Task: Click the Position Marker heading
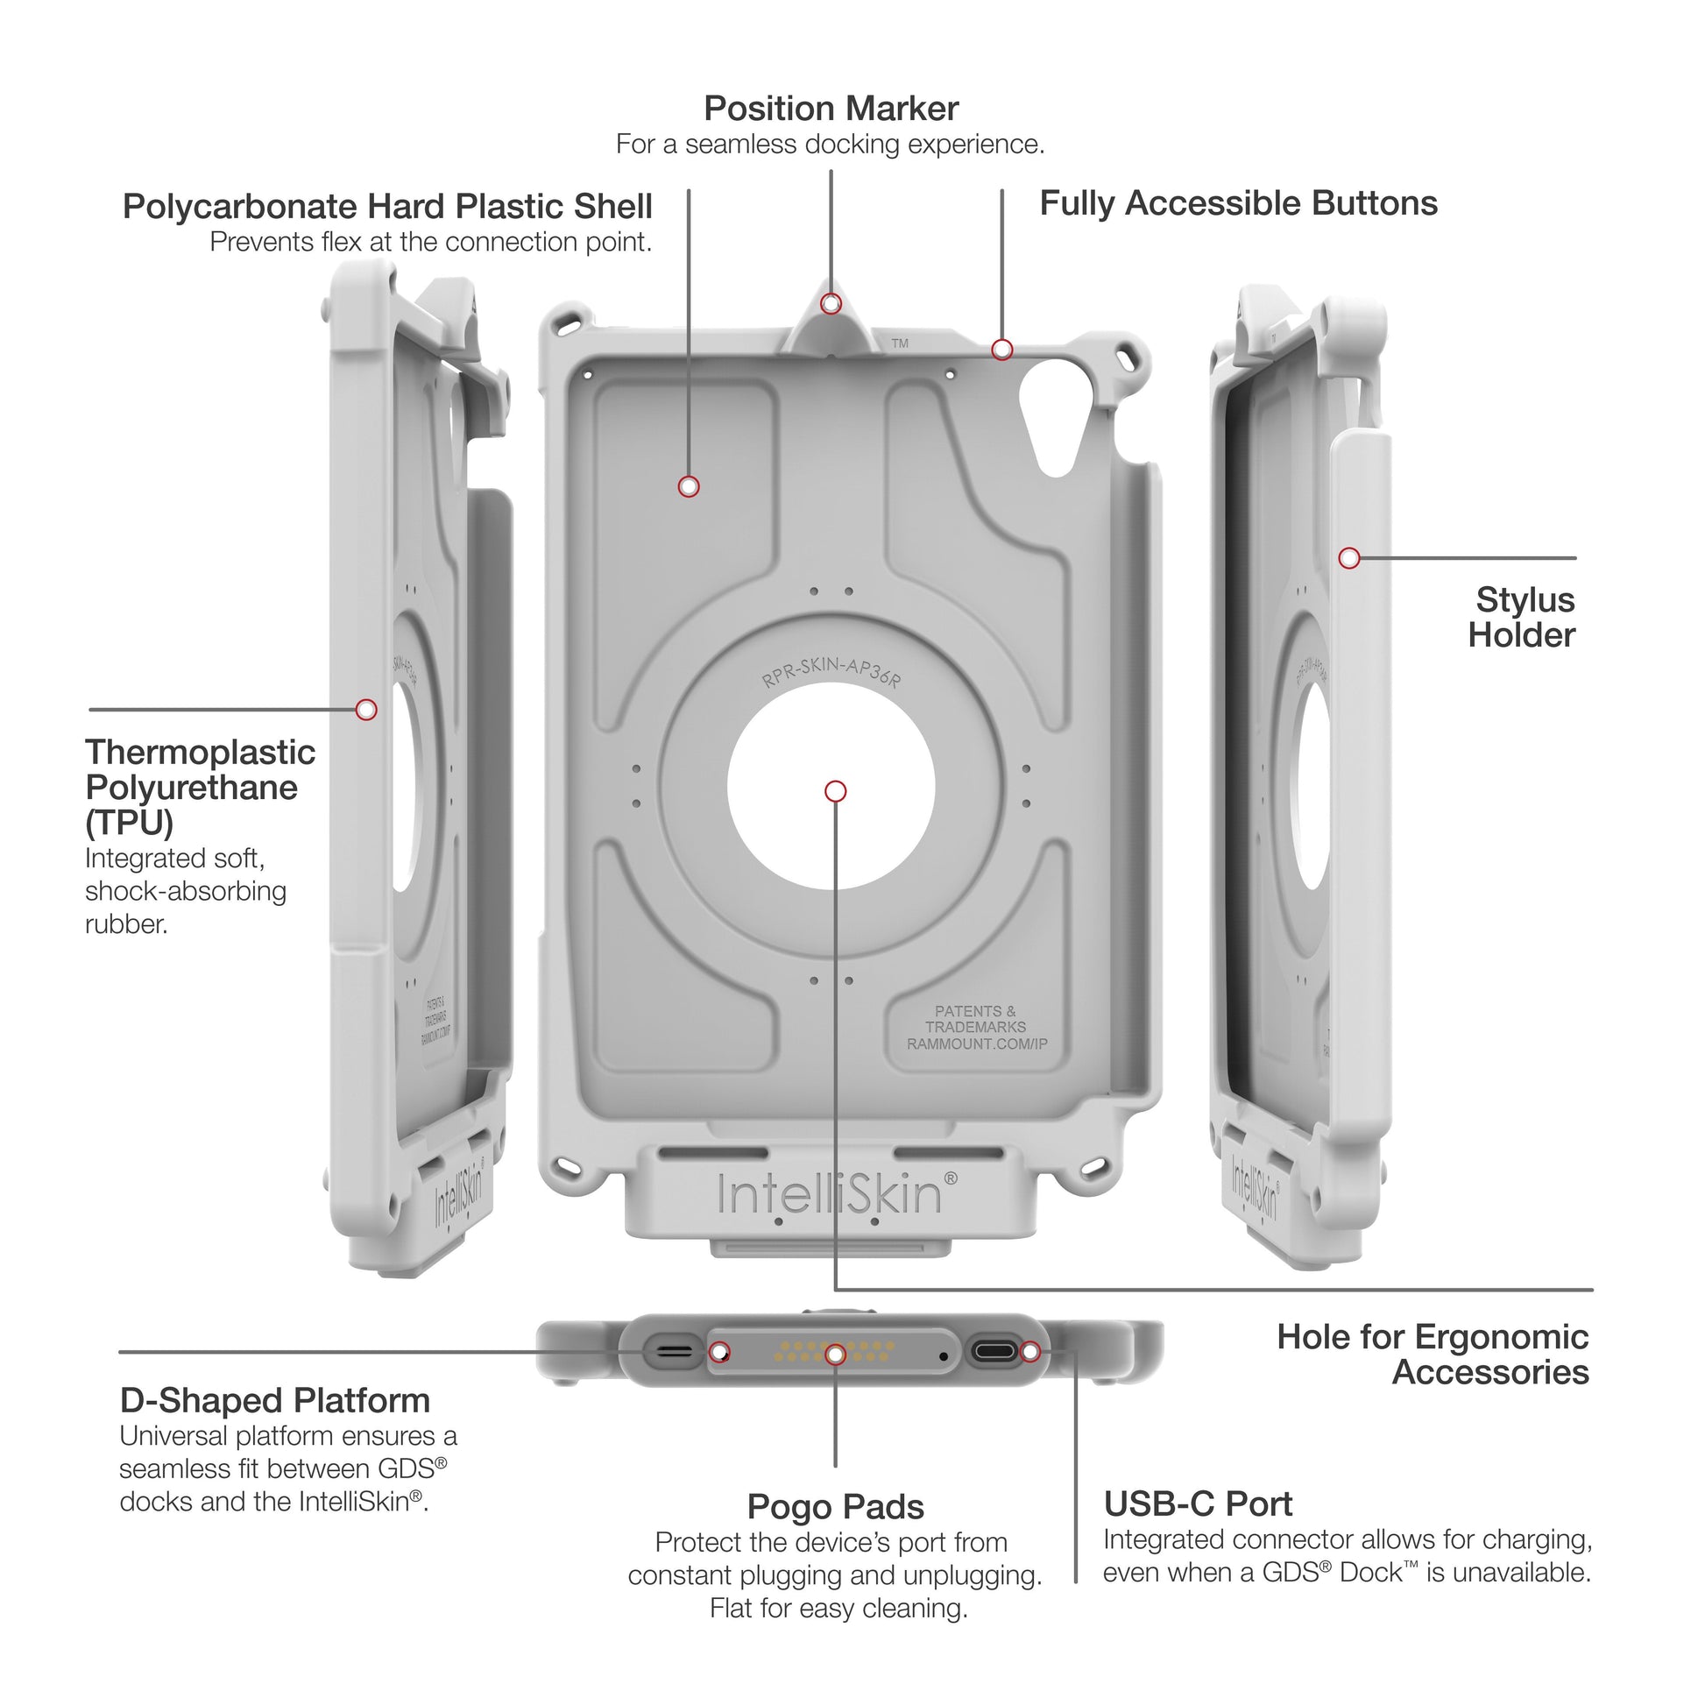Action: [831, 110]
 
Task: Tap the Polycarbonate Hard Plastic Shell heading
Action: [387, 207]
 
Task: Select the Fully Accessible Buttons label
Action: [1238, 204]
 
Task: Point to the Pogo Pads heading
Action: [835, 1507]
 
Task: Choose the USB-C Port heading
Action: [1198, 1503]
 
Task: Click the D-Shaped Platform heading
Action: [275, 1400]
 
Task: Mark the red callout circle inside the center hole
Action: [835, 790]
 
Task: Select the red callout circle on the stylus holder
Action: [1348, 558]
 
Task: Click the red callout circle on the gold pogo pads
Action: [835, 1354]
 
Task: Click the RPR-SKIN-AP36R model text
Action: [831, 672]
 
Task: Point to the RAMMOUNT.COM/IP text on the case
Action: [977, 1044]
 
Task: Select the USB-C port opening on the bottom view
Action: [993, 1352]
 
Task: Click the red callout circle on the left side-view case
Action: [366, 710]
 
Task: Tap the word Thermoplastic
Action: [201, 753]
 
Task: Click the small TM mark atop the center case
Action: [899, 343]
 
